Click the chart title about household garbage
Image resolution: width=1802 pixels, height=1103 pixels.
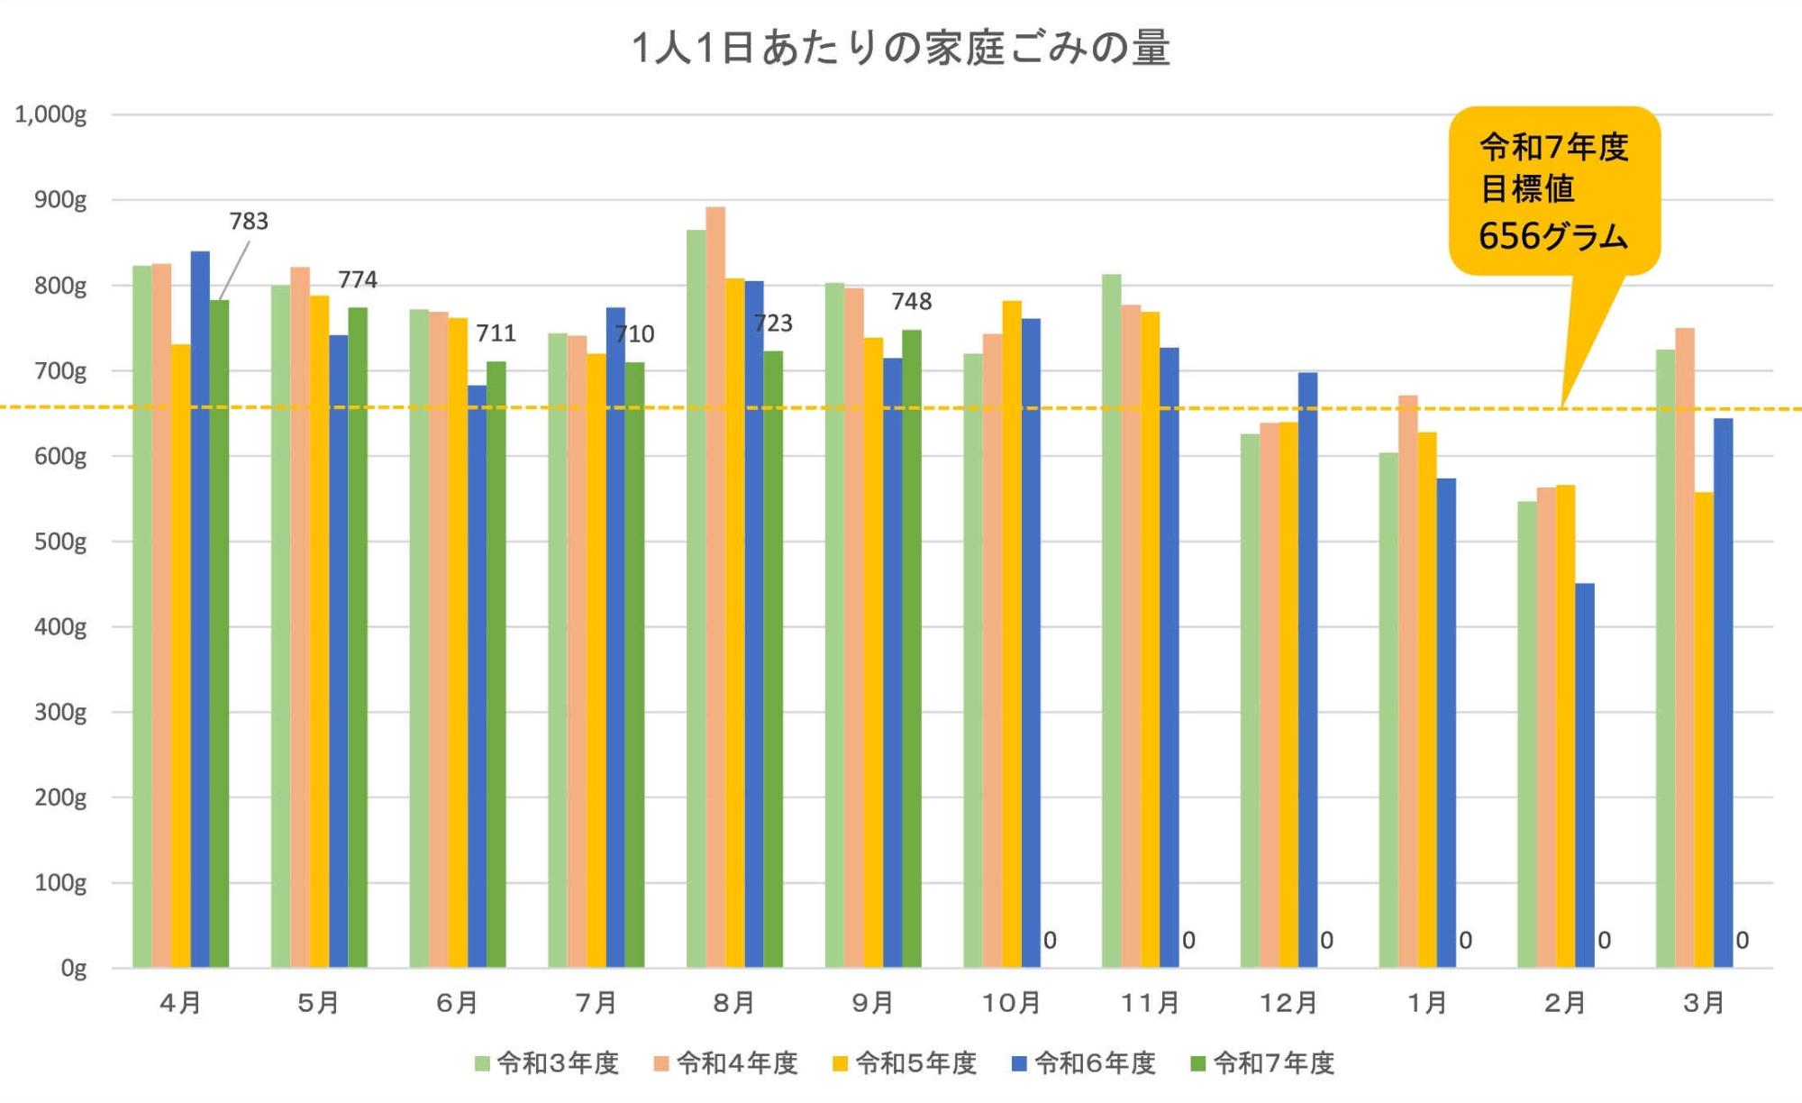coord(901,47)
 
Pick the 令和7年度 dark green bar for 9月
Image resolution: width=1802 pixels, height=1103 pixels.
coord(912,649)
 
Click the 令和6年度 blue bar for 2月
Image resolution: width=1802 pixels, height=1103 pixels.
coord(1585,775)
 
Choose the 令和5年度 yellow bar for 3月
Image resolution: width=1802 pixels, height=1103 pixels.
coord(1704,730)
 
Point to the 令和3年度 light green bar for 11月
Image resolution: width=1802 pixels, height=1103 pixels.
coord(1111,621)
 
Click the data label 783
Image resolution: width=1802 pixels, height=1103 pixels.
coord(249,221)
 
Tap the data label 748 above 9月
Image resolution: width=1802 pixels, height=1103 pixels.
coord(912,301)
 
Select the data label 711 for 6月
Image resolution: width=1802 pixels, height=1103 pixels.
coord(496,333)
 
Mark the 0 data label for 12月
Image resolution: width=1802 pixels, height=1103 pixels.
coord(1327,941)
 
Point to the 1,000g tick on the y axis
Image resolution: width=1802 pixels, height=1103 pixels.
coord(50,114)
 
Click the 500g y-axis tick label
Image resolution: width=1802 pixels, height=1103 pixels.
coord(60,542)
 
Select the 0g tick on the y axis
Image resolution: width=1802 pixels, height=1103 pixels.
coord(73,969)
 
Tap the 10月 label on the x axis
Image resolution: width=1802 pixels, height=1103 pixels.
coord(1011,1003)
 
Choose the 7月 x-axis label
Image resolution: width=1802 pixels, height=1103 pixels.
coord(596,1003)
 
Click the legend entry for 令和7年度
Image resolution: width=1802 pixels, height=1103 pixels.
coord(1262,1063)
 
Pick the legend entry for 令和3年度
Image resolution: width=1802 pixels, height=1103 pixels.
coord(547,1063)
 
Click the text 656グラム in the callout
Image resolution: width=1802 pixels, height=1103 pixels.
coord(1553,236)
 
